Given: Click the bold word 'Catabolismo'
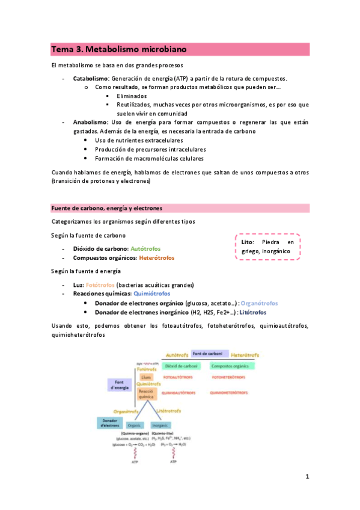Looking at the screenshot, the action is point(90,79).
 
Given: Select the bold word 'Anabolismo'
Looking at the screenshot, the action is point(90,122).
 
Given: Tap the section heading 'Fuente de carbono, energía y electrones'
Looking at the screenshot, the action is point(107,208).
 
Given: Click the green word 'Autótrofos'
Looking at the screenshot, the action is point(145,249).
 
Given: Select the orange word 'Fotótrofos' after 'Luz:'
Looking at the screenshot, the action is point(100,284).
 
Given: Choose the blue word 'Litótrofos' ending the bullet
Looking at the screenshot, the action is point(254,313).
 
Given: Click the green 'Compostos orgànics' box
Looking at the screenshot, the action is point(232,366).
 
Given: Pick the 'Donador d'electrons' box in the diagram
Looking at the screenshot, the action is point(109,422).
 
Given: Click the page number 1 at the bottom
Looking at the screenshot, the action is point(307,478).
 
